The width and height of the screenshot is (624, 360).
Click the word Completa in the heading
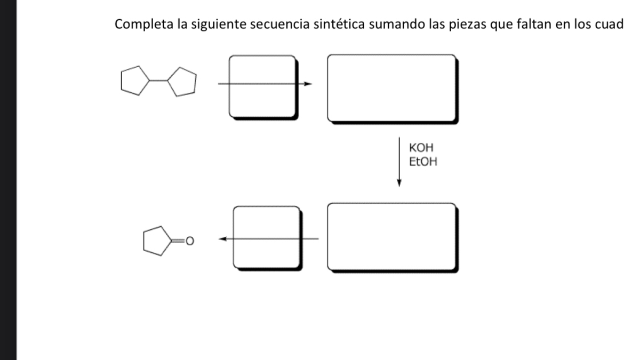[138, 25]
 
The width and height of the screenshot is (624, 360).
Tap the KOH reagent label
[419, 149]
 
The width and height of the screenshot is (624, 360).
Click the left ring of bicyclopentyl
[133, 81]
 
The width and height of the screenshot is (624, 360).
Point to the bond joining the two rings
[158, 81]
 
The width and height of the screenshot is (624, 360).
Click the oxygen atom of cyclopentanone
[188, 243]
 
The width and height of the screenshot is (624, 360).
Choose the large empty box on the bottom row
[391, 237]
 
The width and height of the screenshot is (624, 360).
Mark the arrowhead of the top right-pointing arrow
[308, 84]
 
